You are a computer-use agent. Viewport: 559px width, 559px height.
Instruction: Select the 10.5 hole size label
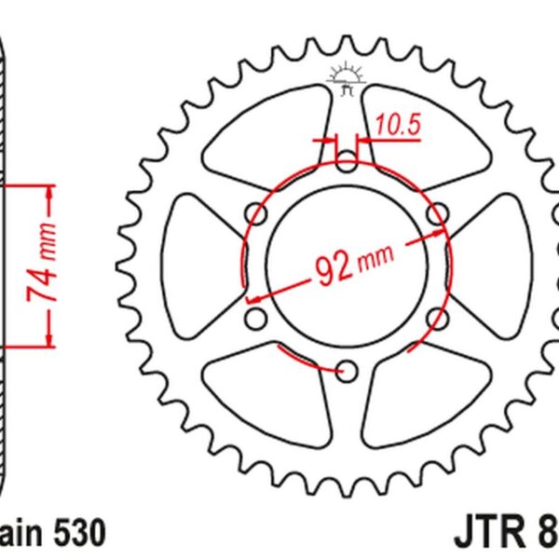tap(392, 122)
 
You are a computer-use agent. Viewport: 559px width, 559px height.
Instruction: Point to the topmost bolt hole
tap(347, 164)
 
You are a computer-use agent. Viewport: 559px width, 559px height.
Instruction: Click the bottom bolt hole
tap(347, 370)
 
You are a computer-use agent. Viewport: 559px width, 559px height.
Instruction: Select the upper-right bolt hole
tap(436, 216)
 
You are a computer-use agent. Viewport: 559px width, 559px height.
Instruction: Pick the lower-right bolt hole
tap(436, 319)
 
